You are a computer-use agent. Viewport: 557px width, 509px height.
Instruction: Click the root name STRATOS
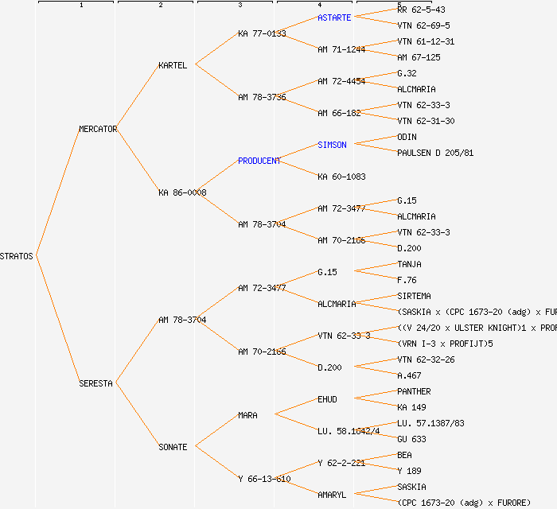(17, 256)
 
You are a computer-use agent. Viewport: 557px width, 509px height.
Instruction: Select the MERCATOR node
(98, 129)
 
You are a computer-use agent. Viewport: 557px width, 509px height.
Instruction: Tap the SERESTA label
(95, 383)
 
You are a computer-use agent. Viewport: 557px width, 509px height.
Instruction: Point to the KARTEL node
(173, 65)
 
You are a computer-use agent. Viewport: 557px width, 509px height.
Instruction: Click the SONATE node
(173, 447)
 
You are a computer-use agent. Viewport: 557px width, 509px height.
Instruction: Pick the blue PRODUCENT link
(259, 161)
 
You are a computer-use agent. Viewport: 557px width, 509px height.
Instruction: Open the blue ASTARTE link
(334, 17)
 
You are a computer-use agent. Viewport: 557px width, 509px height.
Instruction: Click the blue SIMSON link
(332, 145)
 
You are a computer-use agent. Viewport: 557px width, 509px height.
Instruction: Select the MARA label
(247, 415)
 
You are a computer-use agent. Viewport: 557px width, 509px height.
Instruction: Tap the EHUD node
(327, 399)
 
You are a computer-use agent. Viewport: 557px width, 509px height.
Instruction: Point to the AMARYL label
(332, 495)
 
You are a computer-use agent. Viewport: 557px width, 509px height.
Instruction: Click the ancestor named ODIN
(407, 137)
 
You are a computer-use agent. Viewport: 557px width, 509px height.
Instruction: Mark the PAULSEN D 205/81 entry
(435, 153)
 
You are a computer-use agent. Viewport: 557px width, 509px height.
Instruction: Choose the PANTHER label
(414, 391)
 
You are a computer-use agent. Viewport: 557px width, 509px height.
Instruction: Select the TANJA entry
(409, 264)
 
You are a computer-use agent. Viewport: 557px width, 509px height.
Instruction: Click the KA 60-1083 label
(341, 177)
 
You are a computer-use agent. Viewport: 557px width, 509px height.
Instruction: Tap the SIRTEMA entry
(414, 296)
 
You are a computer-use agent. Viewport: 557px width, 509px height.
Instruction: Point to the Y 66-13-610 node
(264, 479)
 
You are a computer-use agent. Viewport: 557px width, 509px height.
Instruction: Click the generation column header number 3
(240, 6)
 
